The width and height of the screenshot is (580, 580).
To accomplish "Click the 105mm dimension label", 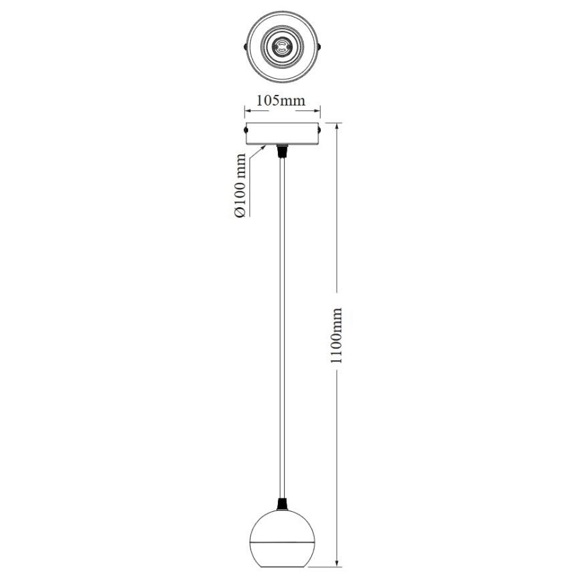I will (x=281, y=101).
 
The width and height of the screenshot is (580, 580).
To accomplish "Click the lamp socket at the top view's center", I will (x=282, y=47).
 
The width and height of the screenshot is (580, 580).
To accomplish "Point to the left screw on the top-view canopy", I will (x=245, y=47).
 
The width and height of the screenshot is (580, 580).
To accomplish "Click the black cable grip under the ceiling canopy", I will (x=282, y=150).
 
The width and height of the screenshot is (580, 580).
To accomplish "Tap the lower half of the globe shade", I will (x=282, y=551).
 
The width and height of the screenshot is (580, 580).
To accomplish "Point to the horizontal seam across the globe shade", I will (x=282, y=539).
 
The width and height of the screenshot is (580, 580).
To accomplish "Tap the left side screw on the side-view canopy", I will (x=246, y=130).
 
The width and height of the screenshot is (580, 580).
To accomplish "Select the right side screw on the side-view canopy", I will (x=319, y=130).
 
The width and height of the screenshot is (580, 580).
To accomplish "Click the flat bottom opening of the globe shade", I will (x=282, y=565).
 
